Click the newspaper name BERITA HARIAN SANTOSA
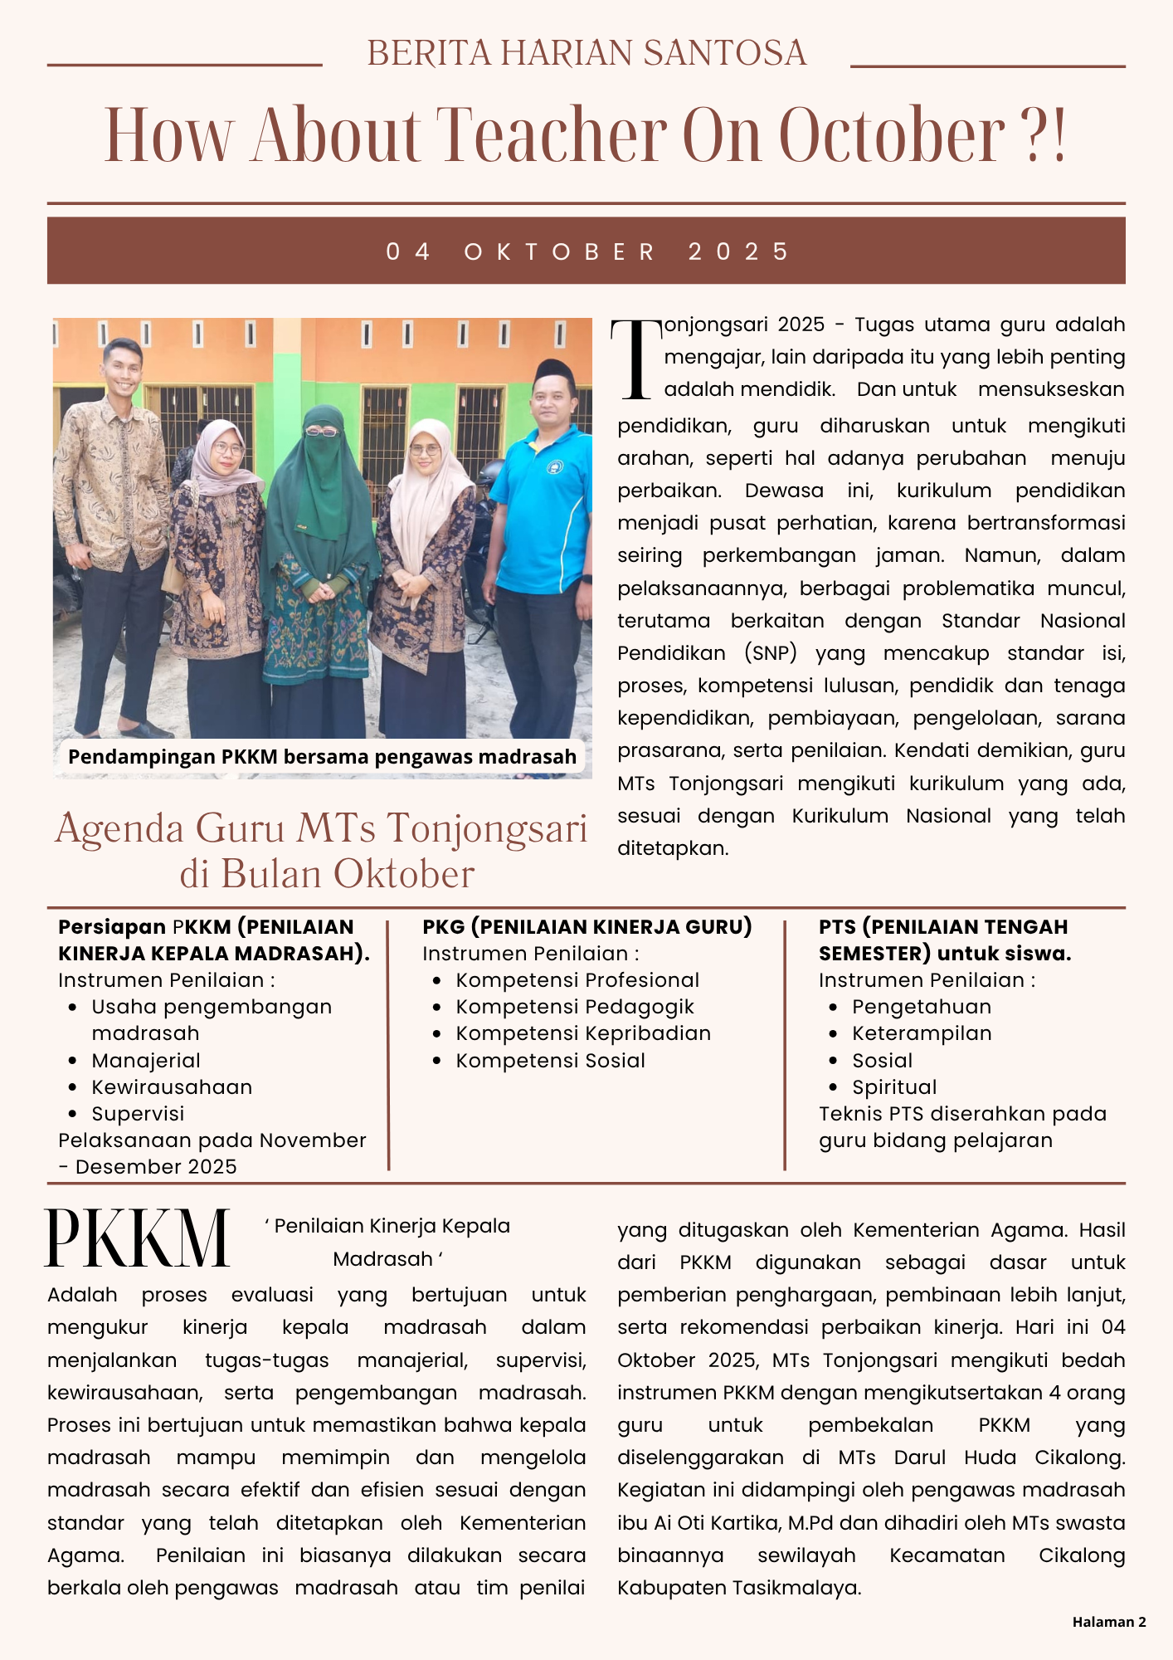(586, 53)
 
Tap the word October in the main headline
(892, 135)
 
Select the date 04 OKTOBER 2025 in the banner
(586, 251)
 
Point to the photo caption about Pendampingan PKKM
(322, 757)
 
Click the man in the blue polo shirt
(541, 531)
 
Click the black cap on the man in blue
(554, 370)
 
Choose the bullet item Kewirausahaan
(172, 1087)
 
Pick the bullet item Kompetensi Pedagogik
(575, 1007)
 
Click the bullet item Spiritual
(894, 1087)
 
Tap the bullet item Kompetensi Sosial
(550, 1061)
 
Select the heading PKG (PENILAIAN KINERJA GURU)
(586, 927)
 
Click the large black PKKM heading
(137, 1238)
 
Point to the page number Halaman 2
(1108, 1622)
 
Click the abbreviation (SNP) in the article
(770, 653)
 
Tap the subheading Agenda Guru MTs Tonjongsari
(321, 828)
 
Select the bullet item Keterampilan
(922, 1033)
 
